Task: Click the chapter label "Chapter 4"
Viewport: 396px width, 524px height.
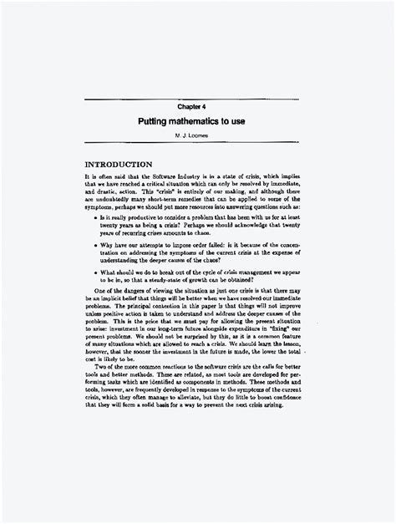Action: (x=197, y=106)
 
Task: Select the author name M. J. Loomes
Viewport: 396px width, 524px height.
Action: (x=197, y=135)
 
